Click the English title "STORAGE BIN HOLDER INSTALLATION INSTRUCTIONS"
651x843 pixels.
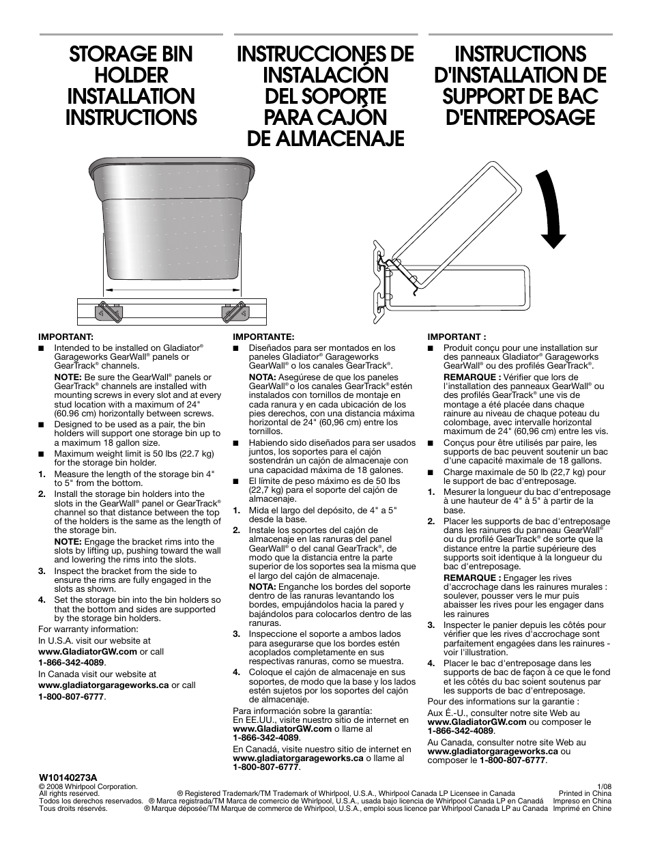click(130, 85)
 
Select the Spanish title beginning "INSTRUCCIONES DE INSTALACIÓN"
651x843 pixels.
click(325, 96)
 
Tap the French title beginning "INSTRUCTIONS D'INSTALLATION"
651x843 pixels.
click(520, 85)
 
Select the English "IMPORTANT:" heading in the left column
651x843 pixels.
click(66, 337)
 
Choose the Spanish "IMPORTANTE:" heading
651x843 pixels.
click(263, 337)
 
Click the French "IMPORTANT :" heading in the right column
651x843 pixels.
click(457, 337)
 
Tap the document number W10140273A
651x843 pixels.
click(68, 777)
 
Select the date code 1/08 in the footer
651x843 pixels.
click(604, 786)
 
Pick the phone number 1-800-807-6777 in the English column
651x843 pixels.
click(71, 697)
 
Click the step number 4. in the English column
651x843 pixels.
click(42, 601)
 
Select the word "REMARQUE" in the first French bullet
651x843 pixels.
click(469, 377)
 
